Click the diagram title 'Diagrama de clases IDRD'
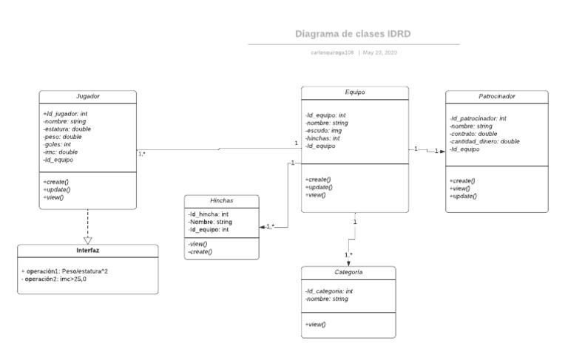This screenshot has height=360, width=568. [353, 33]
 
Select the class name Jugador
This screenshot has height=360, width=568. [88, 96]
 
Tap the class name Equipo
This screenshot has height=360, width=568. [354, 92]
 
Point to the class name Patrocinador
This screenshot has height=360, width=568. [496, 96]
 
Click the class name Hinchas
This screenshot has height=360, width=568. [221, 201]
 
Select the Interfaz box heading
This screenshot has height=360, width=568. [87, 250]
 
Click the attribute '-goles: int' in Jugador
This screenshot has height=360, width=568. [58, 144]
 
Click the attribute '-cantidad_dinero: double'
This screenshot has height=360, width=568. [484, 141]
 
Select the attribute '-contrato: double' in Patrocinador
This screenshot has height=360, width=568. [473, 133]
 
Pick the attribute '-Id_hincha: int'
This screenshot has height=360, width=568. [209, 214]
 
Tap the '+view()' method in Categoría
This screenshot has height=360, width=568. [316, 324]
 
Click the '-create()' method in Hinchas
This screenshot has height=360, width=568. [200, 252]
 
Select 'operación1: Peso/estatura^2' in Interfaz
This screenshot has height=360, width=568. [67, 271]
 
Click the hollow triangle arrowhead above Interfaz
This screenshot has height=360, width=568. [88, 239]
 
